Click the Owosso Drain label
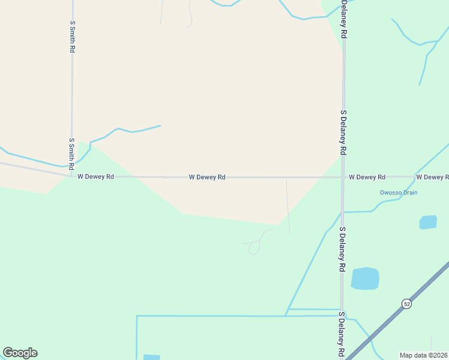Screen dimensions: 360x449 pyautogui.click(x=398, y=193)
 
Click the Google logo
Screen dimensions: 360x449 pyautogui.click(x=20, y=353)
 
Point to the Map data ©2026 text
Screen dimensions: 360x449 pyautogui.click(x=424, y=355)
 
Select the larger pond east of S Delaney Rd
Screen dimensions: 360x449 pyautogui.click(x=365, y=278)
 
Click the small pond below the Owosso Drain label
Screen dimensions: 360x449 pyautogui.click(x=428, y=222)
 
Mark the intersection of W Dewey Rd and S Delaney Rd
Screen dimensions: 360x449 pyautogui.click(x=343, y=177)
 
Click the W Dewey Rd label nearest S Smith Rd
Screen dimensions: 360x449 pyautogui.click(x=95, y=177)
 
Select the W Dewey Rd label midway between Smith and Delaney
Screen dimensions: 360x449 pyautogui.click(x=207, y=177)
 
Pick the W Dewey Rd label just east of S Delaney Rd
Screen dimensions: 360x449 pyautogui.click(x=367, y=177)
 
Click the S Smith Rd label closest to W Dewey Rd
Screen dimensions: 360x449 pyautogui.click(x=71, y=154)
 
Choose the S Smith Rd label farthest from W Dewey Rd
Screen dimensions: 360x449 pyautogui.click(x=72, y=37)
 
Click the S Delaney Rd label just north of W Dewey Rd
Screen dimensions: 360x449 pyautogui.click(x=343, y=133)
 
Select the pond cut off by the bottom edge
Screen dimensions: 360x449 pyautogui.click(x=152, y=358)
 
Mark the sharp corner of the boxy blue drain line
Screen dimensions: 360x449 pyautogui.click(x=137, y=316)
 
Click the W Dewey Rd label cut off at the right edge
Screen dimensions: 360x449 pyautogui.click(x=432, y=177)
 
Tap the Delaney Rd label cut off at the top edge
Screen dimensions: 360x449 pyautogui.click(x=344, y=19)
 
